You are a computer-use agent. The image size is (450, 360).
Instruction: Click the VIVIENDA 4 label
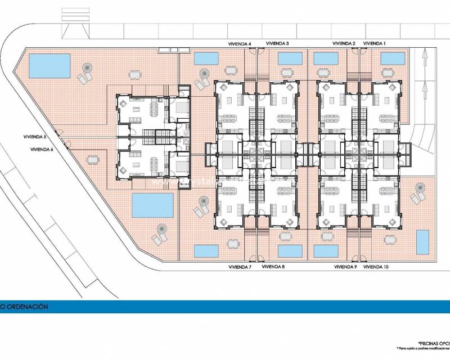point(240,43)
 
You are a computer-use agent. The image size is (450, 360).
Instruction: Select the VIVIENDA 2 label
point(344,43)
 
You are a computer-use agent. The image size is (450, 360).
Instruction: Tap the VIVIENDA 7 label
point(240,267)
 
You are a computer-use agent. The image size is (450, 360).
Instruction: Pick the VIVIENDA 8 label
point(273,267)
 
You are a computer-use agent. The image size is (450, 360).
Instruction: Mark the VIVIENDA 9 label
point(345,267)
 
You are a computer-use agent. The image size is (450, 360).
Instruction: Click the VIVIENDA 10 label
point(376,267)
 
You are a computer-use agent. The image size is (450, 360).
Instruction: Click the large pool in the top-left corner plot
point(49,66)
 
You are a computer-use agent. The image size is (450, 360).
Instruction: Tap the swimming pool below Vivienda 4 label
point(206,58)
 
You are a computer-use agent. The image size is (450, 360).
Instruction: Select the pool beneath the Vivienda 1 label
point(393,58)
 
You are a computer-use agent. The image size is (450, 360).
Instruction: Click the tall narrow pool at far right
point(422,242)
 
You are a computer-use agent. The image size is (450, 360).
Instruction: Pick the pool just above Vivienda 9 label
point(326,251)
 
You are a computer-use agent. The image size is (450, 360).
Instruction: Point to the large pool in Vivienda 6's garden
point(152,205)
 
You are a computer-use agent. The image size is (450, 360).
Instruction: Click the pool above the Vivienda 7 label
point(206,251)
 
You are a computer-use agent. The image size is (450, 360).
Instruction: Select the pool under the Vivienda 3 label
point(290,58)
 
